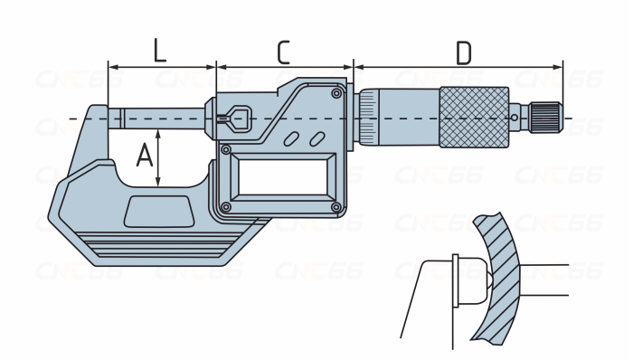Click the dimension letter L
160,51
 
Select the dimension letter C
284,52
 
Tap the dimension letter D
463,52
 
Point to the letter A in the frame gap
145,156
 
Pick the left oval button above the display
291,138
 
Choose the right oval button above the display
317,138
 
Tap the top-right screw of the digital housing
335,94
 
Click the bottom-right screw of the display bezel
335,207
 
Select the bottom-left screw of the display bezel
226,207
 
